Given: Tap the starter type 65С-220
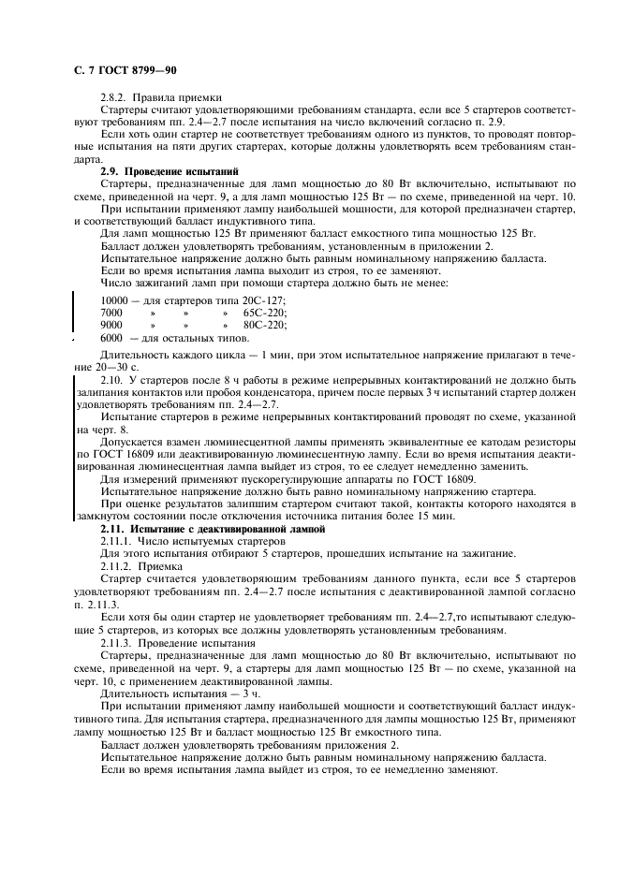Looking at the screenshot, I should (x=265, y=311).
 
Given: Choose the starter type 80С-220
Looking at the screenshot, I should (x=265, y=324).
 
